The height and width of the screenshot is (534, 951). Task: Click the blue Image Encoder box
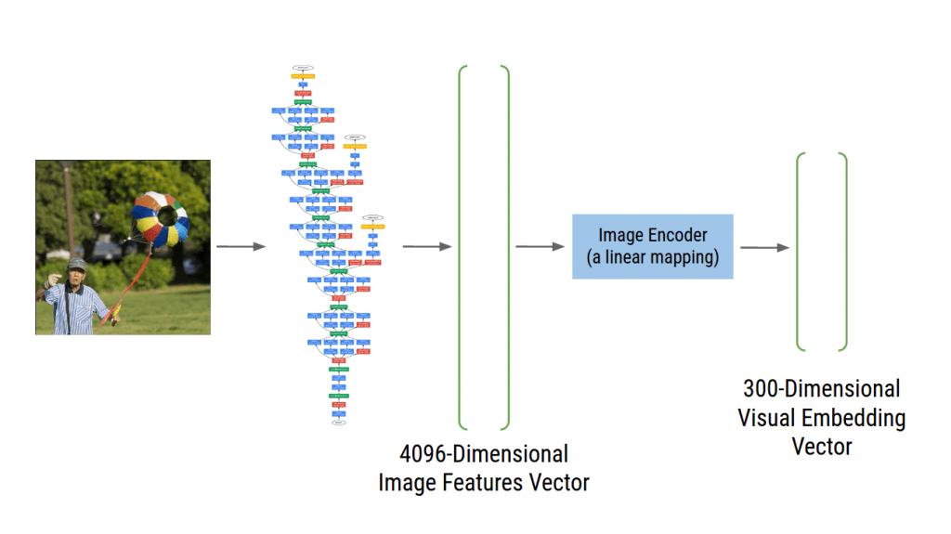click(x=652, y=246)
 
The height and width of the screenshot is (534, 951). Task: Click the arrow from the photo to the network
click(x=241, y=247)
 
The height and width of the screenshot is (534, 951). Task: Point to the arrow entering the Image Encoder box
click(x=540, y=247)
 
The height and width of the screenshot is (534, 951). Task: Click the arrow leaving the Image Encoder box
click(x=764, y=247)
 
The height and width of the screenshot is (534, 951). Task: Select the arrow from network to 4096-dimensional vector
click(x=427, y=247)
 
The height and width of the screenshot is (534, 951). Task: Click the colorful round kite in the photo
click(x=161, y=219)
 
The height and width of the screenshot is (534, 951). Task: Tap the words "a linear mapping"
click(x=655, y=257)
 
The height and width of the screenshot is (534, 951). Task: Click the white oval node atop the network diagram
click(x=303, y=68)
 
